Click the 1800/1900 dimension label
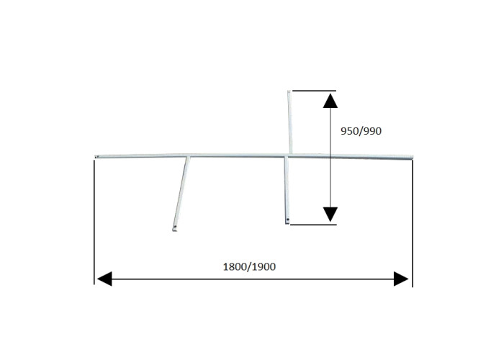tap(249, 267)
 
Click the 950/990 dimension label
tap(361, 131)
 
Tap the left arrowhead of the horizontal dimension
tap(104, 279)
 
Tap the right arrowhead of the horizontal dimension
tap(401, 279)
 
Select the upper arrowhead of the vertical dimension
tap(330, 101)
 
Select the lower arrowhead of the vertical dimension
tap(330, 215)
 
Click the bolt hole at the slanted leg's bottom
tap(175, 228)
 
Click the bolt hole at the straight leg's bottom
tap(288, 220)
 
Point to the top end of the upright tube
tap(289, 91)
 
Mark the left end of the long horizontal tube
tap(96, 157)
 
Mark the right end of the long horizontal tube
tap(412, 157)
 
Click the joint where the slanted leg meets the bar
tap(188, 157)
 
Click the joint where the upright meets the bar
tap(290, 155)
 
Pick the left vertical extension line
tap(94, 222)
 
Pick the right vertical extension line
tap(413, 223)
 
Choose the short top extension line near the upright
tap(314, 91)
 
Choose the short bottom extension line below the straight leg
tap(313, 225)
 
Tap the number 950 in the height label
tap(348, 131)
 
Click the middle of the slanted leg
tap(181, 193)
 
